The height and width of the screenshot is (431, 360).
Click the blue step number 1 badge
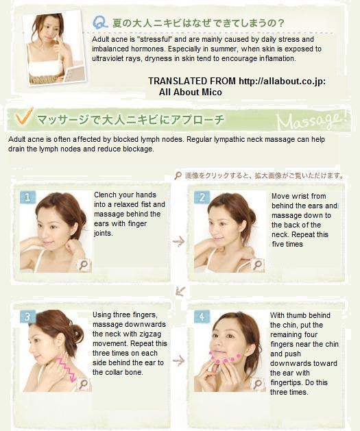pyautogui.click(x=27, y=197)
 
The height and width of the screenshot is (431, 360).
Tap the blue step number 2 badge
pyautogui.click(x=202, y=197)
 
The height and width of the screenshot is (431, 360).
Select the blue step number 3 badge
pyautogui.click(x=27, y=317)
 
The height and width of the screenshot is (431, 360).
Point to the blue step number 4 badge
pyautogui.click(x=202, y=317)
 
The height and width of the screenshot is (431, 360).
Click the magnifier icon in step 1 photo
pyautogui.click(x=84, y=265)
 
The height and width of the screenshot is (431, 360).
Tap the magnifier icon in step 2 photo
pyautogui.click(x=258, y=265)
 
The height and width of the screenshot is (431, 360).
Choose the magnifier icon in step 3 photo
pyautogui.click(x=84, y=384)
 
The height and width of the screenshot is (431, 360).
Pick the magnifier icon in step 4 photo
pyautogui.click(x=258, y=384)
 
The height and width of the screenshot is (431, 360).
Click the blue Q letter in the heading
pyautogui.click(x=100, y=22)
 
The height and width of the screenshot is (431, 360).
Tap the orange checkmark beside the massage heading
pyautogui.click(x=24, y=116)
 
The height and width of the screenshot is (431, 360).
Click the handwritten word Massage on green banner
pyautogui.click(x=311, y=121)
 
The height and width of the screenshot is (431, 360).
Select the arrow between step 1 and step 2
pyautogui.click(x=179, y=241)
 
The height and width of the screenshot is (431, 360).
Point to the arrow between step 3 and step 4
pyautogui.click(x=179, y=360)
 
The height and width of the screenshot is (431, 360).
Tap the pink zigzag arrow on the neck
pyautogui.click(x=65, y=370)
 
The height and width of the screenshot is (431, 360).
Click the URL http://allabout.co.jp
pyautogui.click(x=282, y=82)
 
